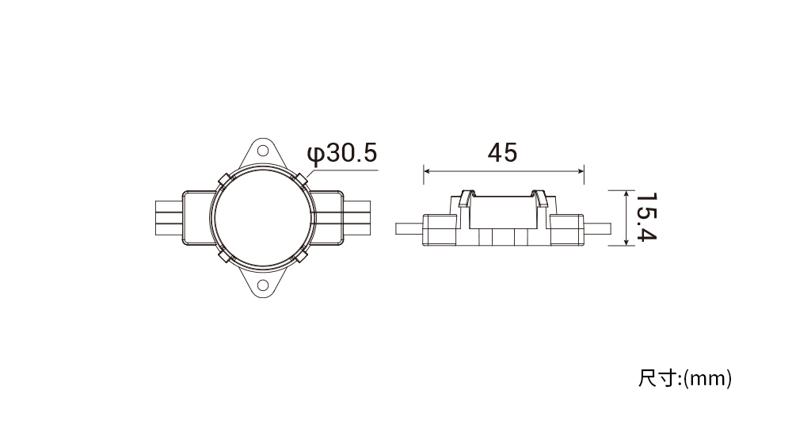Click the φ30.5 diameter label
coord(342,154)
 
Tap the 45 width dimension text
coord(503,152)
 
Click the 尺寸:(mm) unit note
coord(684,379)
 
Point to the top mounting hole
coord(262,151)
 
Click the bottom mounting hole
coord(262,285)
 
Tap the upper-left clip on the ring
coord(224,179)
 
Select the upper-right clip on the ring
coord(301,179)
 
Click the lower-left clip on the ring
coord(224,255)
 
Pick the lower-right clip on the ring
coord(301,255)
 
